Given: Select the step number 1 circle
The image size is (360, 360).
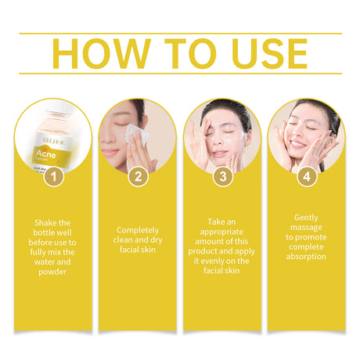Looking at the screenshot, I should click(52, 177).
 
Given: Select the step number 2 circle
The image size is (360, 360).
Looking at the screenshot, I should click(138, 177).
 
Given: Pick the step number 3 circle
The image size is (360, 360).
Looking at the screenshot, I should click(223, 177).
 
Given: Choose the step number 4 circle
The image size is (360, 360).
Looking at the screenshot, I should click(308, 177).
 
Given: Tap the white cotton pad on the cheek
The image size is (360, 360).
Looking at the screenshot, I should click(132, 134).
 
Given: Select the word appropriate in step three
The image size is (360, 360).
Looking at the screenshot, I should click(222, 232).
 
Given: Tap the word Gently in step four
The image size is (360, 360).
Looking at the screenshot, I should click(308, 218).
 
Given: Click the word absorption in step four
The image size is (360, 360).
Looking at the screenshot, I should click(308, 257).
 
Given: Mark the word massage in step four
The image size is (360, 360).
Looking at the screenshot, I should click(308, 227).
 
